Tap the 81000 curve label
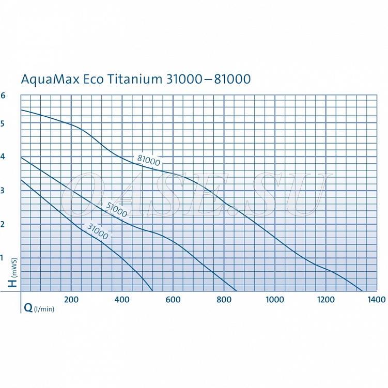tap(149, 161)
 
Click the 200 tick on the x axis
tap(71, 300)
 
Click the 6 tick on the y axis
tap(3, 96)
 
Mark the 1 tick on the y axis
tap(3, 257)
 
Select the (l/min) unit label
tap(44, 309)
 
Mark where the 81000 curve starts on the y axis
tap(21, 110)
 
